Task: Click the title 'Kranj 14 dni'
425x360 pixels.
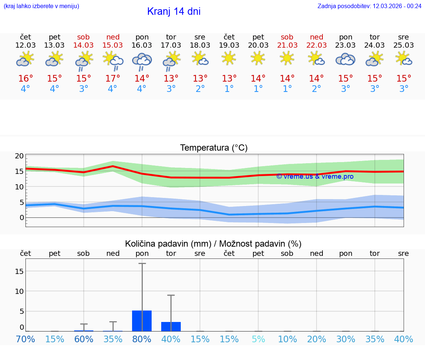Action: pos(174,11)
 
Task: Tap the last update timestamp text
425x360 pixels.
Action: pos(369,6)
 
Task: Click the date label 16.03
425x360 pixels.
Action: pos(142,45)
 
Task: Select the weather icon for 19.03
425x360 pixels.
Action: pos(229,58)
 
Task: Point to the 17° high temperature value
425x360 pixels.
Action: pos(113,79)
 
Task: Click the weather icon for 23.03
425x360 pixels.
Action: pos(345,59)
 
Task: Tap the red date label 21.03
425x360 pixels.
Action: pos(287,45)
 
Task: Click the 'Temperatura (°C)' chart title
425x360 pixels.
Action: pos(214,148)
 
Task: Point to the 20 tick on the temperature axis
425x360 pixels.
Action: pos(20,156)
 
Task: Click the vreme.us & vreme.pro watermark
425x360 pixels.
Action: pos(315,176)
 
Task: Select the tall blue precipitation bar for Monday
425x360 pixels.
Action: pos(142,321)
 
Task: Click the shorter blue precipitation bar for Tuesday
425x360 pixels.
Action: pos(171,326)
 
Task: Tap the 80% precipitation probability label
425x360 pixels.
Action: pos(142,339)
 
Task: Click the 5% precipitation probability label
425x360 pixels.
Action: pos(258,339)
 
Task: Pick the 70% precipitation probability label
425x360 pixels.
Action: pos(25,339)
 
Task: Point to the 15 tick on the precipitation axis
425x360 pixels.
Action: pos(20,271)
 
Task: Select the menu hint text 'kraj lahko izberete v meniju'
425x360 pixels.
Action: pos(41,6)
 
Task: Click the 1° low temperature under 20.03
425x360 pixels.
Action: pos(258,89)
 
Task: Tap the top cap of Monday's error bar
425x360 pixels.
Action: pos(142,264)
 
